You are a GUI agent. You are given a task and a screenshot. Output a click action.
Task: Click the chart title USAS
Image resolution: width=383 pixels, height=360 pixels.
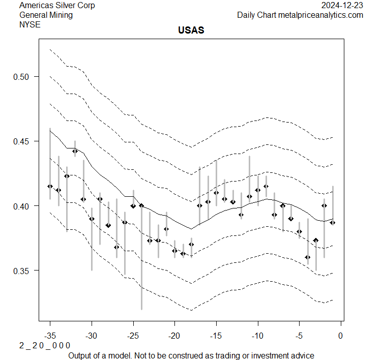click(191, 31)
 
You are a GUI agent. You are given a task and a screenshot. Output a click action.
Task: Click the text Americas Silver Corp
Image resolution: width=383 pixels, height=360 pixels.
click(57, 6)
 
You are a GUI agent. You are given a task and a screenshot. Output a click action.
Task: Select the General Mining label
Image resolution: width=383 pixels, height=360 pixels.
click(46, 15)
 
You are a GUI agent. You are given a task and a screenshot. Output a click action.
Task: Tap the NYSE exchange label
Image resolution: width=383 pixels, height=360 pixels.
click(29, 24)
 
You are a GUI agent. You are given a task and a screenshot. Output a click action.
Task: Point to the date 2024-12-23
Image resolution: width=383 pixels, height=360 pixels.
click(342, 6)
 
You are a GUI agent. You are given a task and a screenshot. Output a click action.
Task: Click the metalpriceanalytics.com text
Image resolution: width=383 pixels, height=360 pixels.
click(320, 15)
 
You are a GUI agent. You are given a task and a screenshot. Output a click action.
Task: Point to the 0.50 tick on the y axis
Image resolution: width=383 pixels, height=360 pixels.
click(25, 77)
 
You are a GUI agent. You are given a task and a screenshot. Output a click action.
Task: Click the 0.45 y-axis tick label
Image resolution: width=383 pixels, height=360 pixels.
click(25, 141)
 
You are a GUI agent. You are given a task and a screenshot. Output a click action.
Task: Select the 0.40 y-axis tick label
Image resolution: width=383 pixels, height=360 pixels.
click(25, 206)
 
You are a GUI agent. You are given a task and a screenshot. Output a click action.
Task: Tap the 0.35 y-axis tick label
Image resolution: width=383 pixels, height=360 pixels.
click(25, 271)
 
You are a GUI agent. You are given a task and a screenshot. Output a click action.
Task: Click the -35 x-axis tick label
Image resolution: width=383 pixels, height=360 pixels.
click(50, 336)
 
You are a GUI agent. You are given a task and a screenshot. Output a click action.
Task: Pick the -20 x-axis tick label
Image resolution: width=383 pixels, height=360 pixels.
click(174, 336)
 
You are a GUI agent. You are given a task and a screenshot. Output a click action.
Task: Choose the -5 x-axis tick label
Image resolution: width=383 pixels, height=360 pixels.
click(299, 336)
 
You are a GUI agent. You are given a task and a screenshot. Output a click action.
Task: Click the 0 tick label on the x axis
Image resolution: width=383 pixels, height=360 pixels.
click(341, 336)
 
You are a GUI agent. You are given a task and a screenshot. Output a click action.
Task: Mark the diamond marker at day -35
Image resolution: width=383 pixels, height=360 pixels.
click(50, 187)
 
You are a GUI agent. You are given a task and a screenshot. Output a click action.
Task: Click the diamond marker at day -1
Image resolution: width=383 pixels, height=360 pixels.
click(333, 223)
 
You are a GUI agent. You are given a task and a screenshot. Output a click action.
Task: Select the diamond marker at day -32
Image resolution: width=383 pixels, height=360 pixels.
click(75, 151)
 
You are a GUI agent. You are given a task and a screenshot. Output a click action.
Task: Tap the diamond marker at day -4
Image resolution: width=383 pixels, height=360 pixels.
click(308, 257)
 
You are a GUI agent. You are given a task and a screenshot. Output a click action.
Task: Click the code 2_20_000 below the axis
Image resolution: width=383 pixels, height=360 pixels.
click(45, 345)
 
